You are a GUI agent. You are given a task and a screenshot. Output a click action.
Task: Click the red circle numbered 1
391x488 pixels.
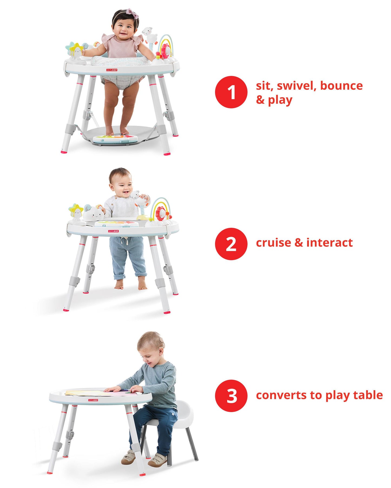click(x=231, y=92)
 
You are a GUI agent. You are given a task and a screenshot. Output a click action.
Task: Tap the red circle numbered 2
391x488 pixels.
click(x=231, y=244)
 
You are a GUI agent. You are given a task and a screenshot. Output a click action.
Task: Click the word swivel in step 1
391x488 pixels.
click(x=297, y=86)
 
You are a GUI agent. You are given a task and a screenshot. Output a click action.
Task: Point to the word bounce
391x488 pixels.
click(x=341, y=86)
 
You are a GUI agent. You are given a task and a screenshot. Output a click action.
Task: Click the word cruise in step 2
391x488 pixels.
click(x=273, y=243)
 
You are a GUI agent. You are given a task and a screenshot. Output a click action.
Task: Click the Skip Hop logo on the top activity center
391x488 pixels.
click(x=111, y=70)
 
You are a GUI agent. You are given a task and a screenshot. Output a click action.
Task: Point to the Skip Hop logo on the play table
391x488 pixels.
click(x=93, y=400)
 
